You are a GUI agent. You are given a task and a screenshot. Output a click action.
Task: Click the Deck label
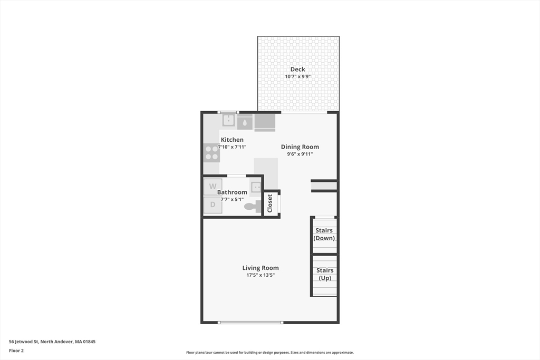297,69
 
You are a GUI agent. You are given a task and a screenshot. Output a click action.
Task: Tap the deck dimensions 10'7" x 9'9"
297,77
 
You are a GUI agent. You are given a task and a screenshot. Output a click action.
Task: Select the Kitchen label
232,140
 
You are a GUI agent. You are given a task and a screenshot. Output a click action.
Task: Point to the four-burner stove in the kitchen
212,153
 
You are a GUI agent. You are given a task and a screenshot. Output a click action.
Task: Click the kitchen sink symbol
228,120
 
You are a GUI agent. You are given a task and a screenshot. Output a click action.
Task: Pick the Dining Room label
300,147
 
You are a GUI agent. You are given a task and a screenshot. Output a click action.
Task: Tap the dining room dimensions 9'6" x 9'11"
300,154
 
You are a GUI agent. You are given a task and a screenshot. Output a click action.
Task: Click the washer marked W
213,187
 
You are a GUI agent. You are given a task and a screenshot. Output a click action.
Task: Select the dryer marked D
213,205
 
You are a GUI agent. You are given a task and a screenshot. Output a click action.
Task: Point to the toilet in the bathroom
253,207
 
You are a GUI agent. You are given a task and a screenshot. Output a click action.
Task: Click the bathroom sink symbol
256,188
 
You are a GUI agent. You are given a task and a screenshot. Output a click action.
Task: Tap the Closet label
269,203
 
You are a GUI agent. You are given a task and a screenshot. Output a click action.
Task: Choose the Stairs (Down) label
324,235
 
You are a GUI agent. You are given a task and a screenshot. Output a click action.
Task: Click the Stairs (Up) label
325,274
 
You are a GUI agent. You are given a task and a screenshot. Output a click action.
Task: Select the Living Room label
261,268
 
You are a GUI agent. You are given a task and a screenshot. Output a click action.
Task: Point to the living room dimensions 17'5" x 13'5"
261,275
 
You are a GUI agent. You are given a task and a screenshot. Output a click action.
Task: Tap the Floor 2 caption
16,351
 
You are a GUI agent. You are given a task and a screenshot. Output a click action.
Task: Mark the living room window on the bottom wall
250,323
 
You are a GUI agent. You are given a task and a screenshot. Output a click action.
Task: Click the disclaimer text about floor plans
270,353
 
